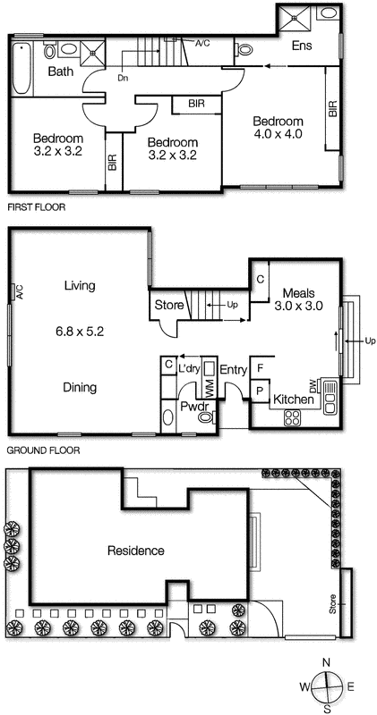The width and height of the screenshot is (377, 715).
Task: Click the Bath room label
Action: (61, 71)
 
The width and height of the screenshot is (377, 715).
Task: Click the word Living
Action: (79, 286)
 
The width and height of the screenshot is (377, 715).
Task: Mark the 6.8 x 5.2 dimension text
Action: (80, 330)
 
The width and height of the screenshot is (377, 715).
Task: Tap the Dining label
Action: (81, 387)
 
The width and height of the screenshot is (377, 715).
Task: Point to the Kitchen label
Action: (292, 400)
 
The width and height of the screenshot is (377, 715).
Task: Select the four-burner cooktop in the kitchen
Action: (293, 417)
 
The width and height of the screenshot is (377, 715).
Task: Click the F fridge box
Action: (260, 367)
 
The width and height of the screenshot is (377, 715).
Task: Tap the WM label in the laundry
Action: (210, 390)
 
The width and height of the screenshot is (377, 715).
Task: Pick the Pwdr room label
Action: (193, 407)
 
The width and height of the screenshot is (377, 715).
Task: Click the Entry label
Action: (233, 369)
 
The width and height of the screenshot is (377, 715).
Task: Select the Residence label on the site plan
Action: (135, 551)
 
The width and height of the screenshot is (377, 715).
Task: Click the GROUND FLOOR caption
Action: (43, 451)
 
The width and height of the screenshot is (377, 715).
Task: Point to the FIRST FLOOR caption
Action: (37, 206)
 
